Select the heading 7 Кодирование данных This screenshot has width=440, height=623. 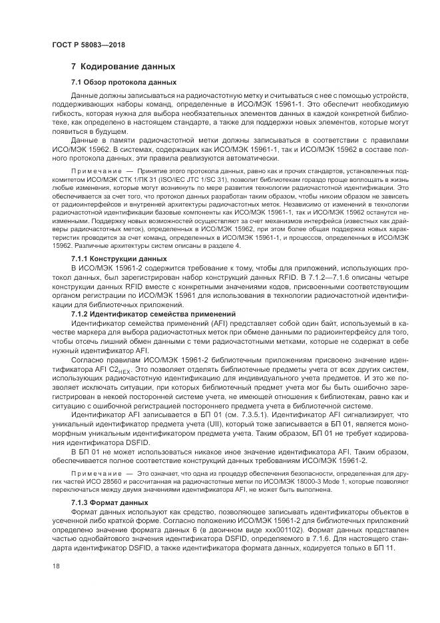[x=123, y=67]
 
